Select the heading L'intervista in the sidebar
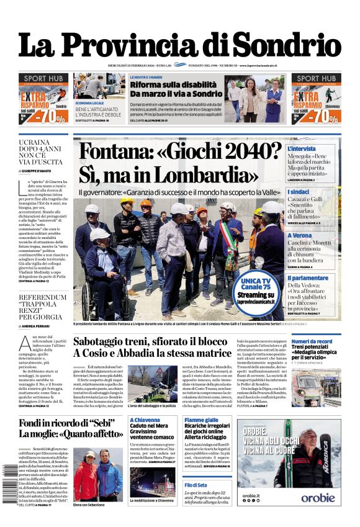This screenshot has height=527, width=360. click(x=302, y=150)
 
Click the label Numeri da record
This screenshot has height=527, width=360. click(x=312, y=341)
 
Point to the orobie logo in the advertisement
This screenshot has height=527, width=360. click(x=318, y=497)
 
